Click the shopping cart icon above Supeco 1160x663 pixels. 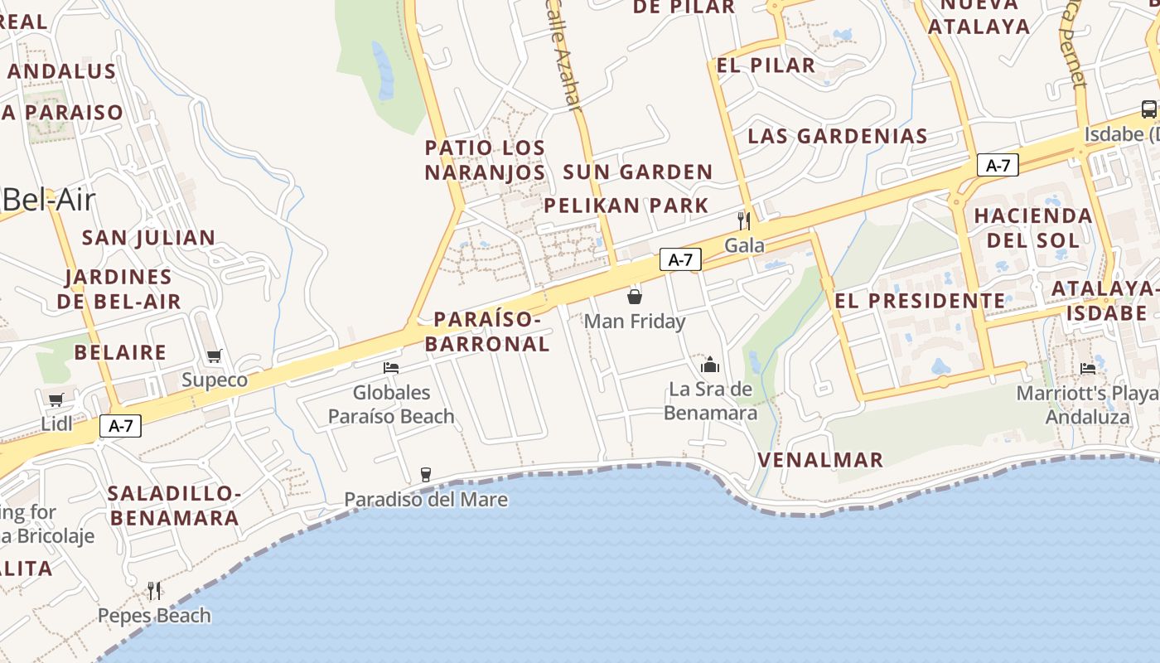click(x=215, y=356)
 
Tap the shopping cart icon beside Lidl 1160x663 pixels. click(x=56, y=400)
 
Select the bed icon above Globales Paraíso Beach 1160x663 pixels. click(x=391, y=368)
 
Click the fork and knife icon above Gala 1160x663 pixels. click(x=744, y=220)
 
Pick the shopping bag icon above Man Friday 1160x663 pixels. click(x=635, y=296)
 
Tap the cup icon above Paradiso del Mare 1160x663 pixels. click(x=426, y=474)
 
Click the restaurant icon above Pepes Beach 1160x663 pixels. click(x=154, y=590)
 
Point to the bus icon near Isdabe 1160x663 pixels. click(x=1148, y=109)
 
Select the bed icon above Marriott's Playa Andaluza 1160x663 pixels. click(x=1088, y=368)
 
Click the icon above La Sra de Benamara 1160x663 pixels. click(x=710, y=365)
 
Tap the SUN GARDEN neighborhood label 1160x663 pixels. click(x=637, y=172)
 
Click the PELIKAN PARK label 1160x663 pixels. click(x=626, y=206)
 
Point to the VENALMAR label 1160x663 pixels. click(x=820, y=460)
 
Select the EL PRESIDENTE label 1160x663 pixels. click(x=920, y=301)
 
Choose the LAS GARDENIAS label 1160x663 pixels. click(x=837, y=136)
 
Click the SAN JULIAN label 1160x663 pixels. click(x=148, y=238)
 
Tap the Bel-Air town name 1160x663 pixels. click(x=49, y=200)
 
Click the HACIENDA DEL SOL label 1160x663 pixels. click(x=1033, y=228)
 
